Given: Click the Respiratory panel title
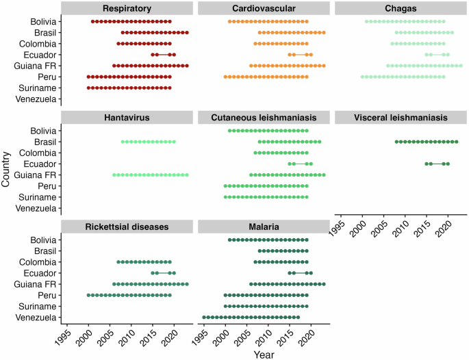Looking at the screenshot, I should tap(127, 9).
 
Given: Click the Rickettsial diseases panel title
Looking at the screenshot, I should tap(127, 227).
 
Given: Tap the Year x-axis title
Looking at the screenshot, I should tap(263, 354).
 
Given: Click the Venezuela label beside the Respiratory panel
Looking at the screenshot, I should tap(38, 99).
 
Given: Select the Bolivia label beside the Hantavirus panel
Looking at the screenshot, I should tap(42, 131).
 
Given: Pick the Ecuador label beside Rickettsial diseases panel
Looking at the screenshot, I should tap(41, 272).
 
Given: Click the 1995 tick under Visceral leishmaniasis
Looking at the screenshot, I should tap(342, 227).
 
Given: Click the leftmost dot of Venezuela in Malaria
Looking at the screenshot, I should tap(203, 317).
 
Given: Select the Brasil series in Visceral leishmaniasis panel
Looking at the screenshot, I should tap(426, 142).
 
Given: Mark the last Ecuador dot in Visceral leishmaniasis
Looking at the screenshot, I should tap(448, 164).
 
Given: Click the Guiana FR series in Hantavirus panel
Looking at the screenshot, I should tap(150, 175).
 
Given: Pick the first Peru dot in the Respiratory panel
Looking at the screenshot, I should tap(88, 77).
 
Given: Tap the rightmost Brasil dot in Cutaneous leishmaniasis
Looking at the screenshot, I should tap(319, 142).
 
